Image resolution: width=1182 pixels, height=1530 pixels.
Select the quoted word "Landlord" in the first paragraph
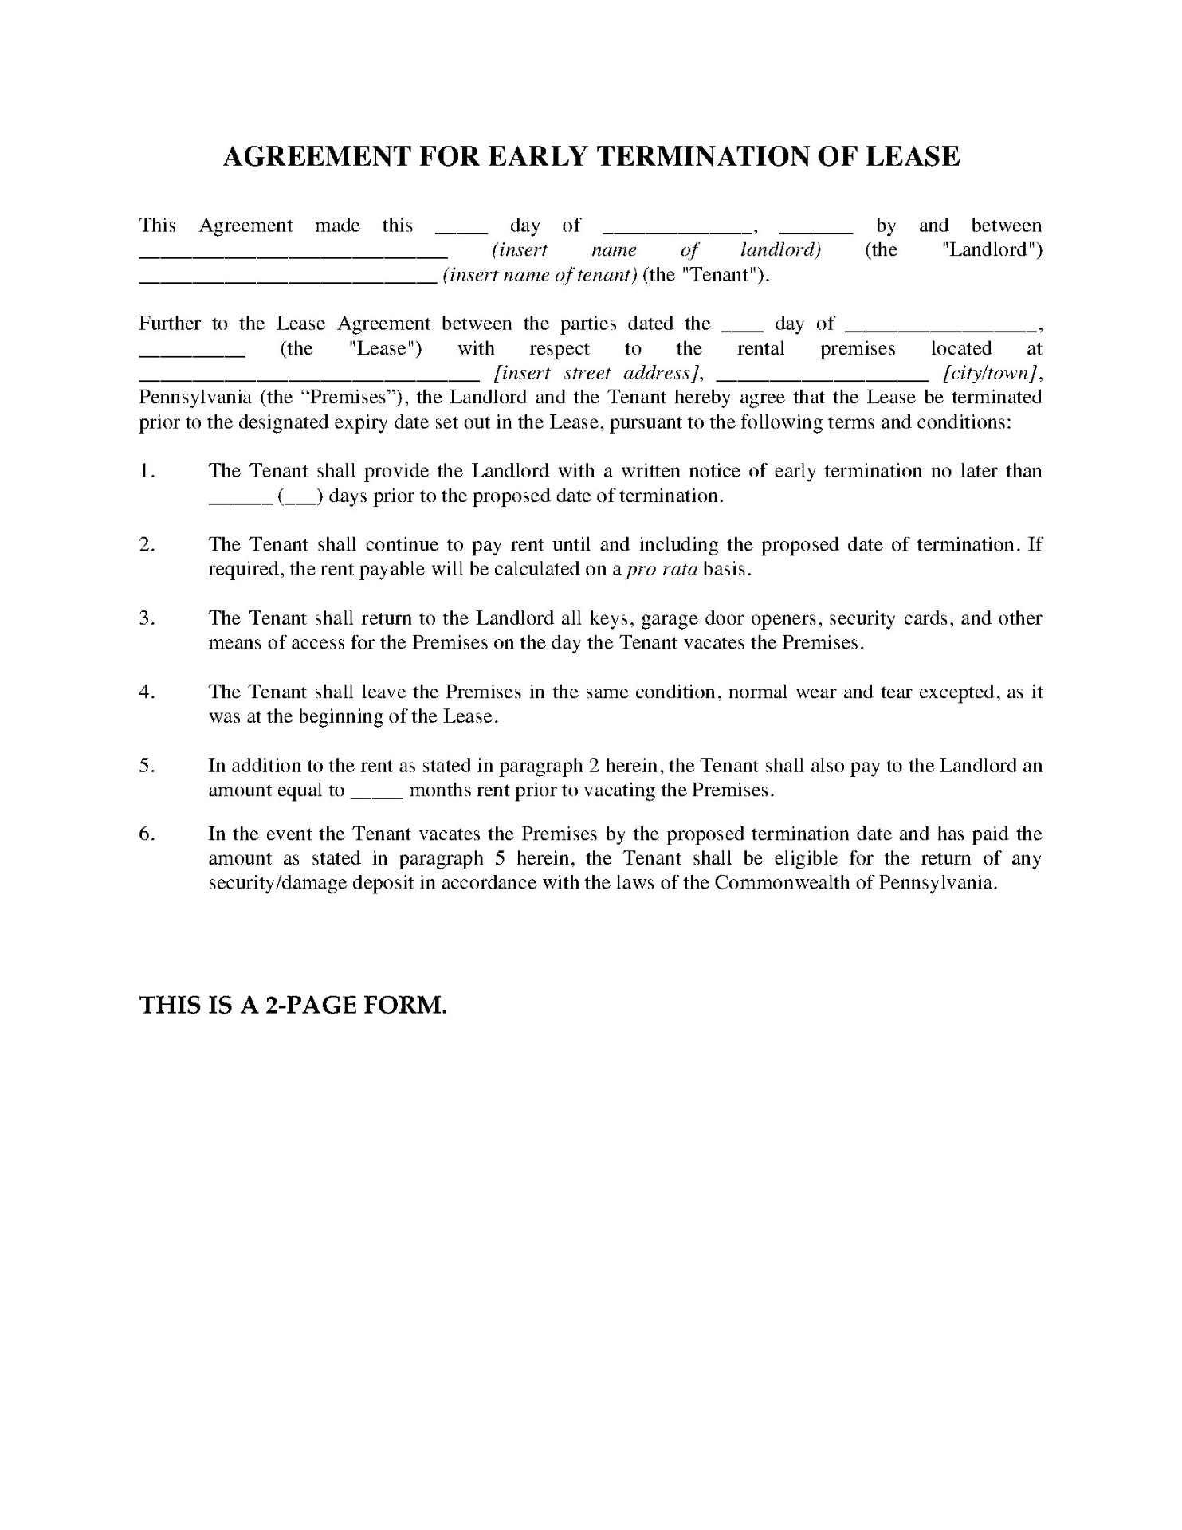click(992, 250)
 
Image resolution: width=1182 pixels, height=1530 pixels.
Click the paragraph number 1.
click(147, 472)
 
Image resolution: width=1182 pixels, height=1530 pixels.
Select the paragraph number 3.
click(147, 618)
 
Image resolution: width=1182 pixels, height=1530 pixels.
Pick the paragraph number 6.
click(147, 834)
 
